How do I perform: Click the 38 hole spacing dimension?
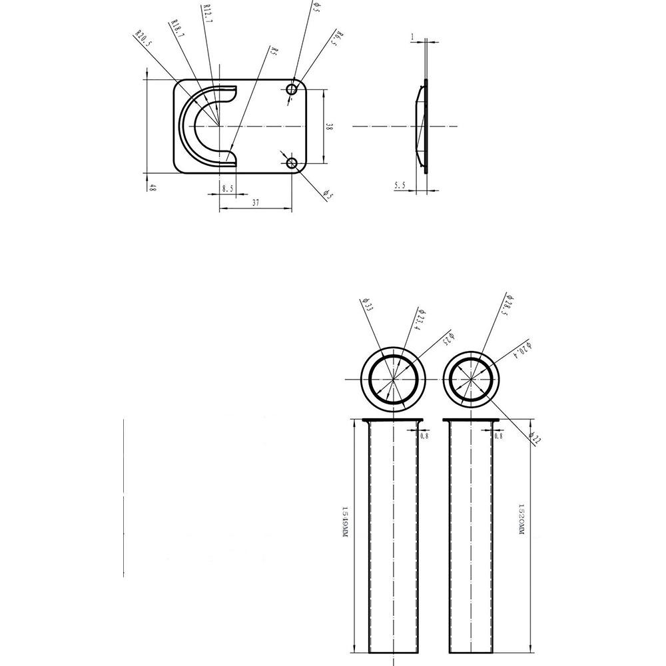[329, 126]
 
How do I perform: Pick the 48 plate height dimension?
[153, 188]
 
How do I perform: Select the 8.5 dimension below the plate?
[228, 189]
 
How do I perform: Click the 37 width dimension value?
[256, 203]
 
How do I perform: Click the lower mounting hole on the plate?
[292, 163]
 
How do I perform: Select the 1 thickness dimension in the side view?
[413, 37]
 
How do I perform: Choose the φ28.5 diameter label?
[509, 304]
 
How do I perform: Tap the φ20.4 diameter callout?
[525, 352]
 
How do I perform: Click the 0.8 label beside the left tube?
[424, 436]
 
